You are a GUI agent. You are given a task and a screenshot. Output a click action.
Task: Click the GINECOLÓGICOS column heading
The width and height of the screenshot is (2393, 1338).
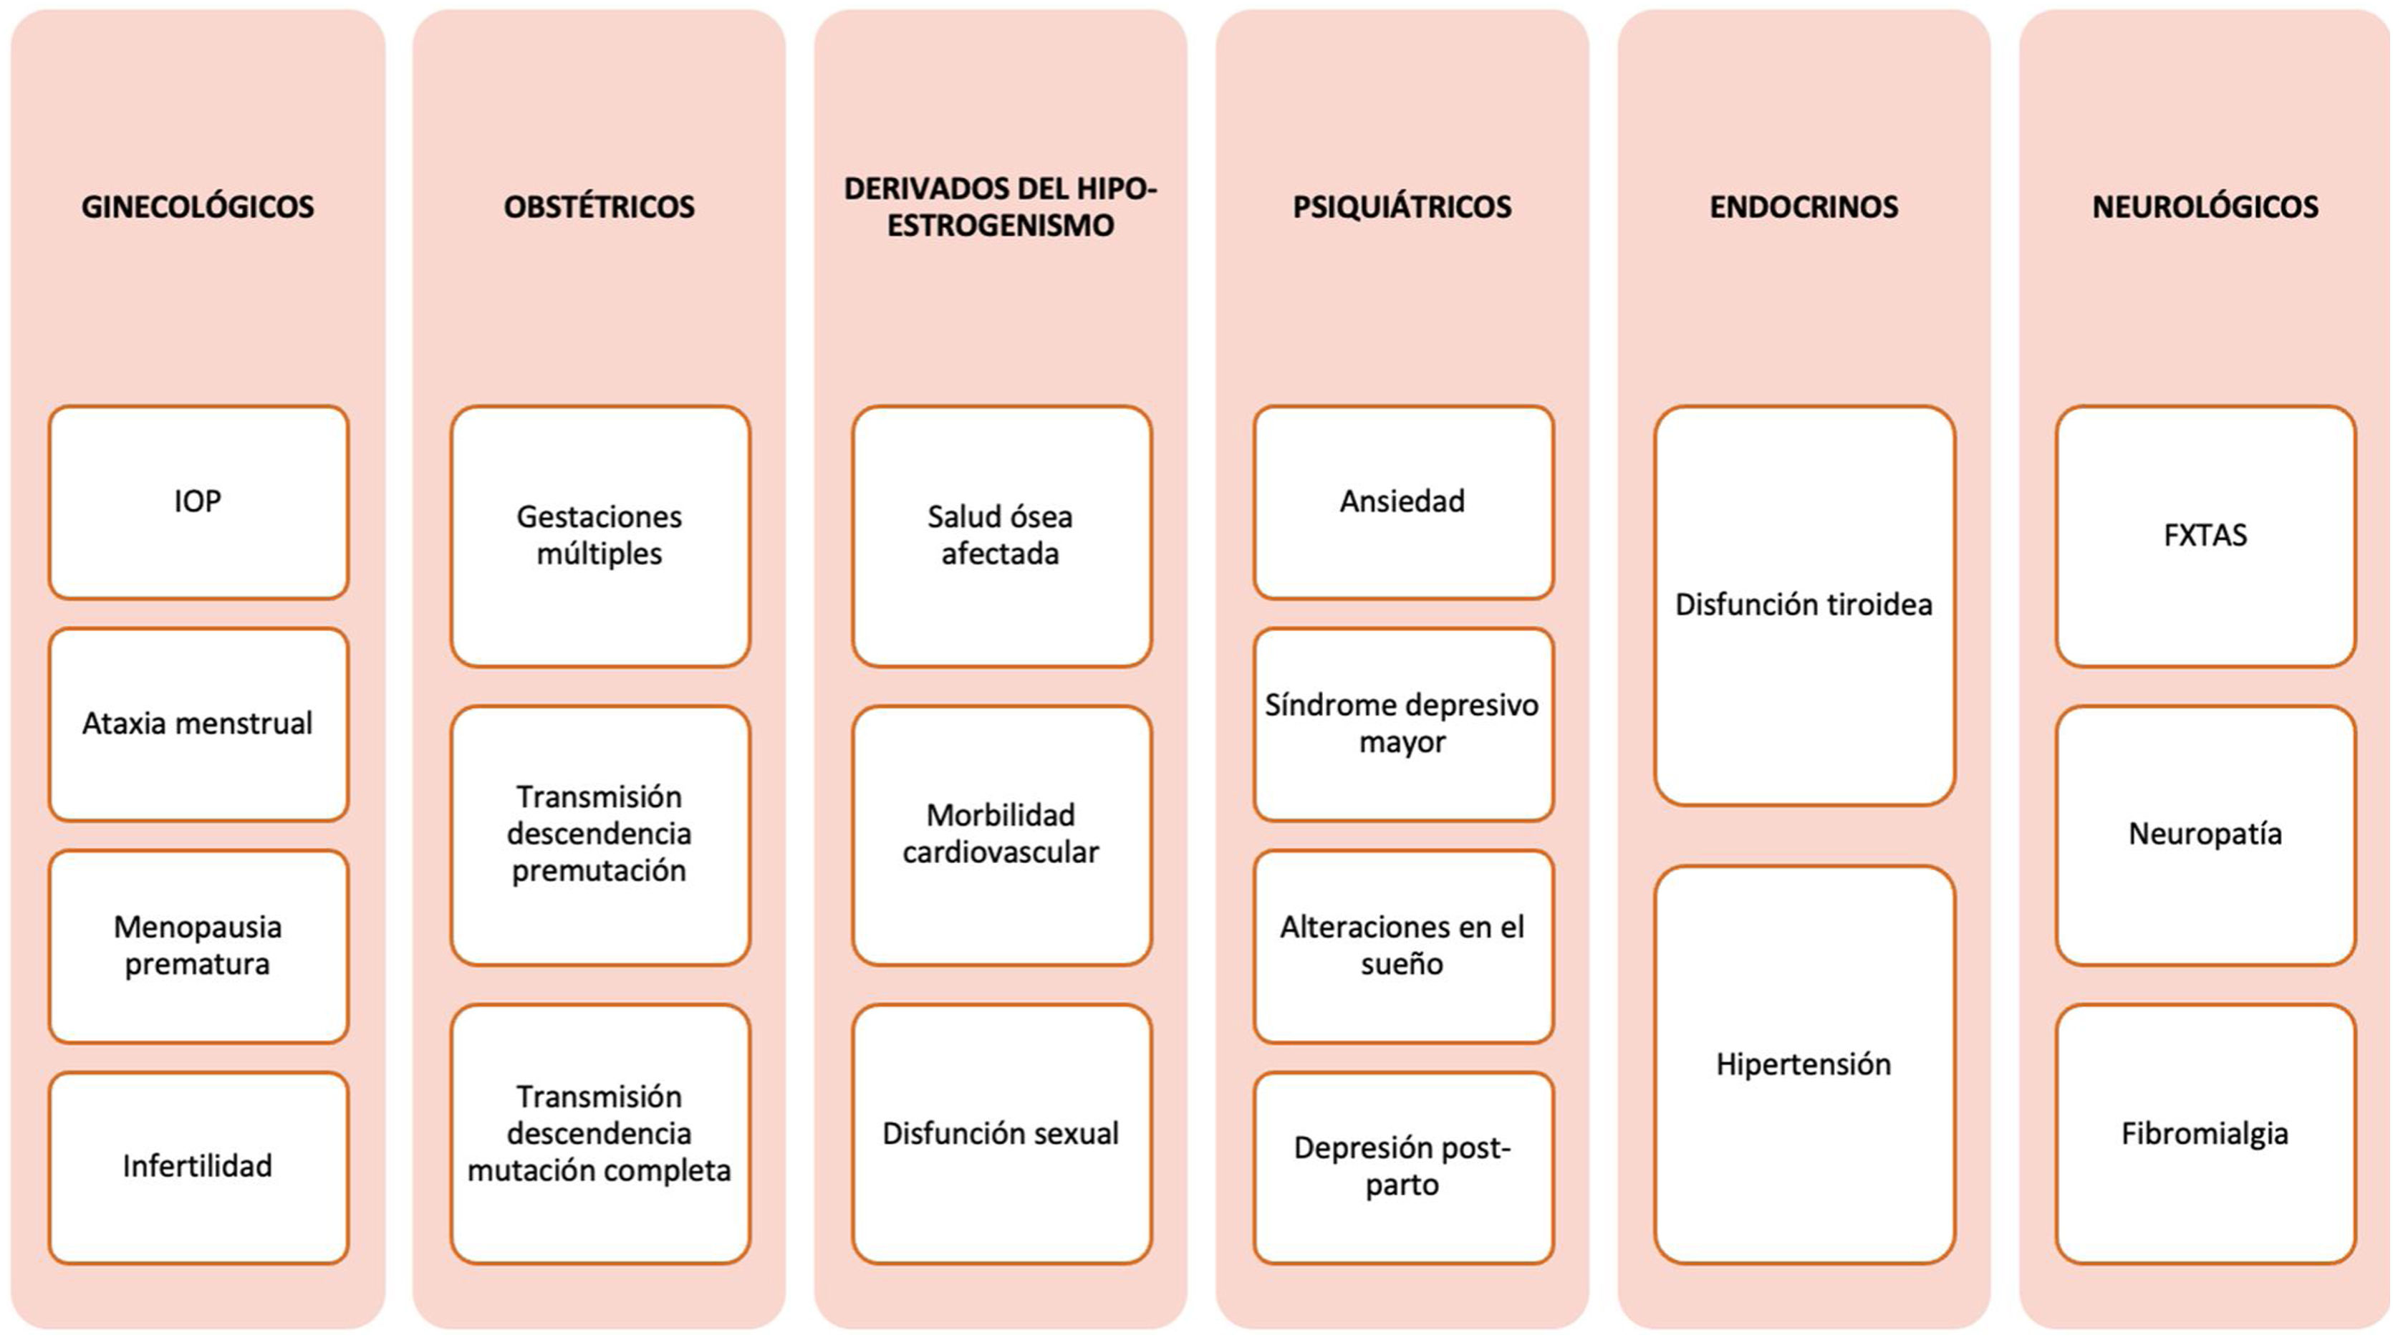point(198,206)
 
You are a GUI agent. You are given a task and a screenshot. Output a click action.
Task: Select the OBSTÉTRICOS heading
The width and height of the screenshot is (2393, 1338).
point(600,206)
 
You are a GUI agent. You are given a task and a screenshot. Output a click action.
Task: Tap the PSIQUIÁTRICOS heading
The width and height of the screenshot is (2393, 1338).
point(1402,206)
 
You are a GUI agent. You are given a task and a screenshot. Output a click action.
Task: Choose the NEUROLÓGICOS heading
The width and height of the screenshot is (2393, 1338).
point(2205,206)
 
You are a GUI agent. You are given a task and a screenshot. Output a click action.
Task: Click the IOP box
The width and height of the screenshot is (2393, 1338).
point(198,501)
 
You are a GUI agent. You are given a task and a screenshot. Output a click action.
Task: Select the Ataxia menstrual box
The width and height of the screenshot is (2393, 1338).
point(198,724)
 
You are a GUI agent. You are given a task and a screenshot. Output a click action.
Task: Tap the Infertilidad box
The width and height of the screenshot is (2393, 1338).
point(198,1166)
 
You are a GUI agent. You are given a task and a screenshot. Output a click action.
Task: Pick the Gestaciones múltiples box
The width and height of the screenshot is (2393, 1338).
point(600,535)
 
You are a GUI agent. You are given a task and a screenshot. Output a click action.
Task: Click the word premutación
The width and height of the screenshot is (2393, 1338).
point(600,870)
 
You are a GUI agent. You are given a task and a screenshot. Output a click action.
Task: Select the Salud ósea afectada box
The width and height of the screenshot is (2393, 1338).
point(1001,535)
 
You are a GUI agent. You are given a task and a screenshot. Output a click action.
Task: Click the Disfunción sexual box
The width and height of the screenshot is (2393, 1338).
point(1001,1134)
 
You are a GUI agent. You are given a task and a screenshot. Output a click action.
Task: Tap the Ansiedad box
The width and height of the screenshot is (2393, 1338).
point(1402,501)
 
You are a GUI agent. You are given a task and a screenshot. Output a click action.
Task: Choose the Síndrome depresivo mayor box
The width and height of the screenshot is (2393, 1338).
point(1402,724)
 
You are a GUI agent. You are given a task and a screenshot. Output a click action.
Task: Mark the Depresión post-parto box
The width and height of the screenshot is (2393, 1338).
point(1402,1166)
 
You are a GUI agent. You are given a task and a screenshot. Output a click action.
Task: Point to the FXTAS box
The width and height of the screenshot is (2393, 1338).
point(2205,535)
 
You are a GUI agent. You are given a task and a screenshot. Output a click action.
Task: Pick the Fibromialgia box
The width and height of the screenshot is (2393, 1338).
point(2205,1134)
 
